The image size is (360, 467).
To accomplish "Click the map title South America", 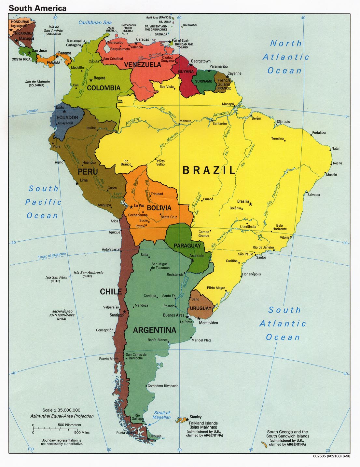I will coord(37,8).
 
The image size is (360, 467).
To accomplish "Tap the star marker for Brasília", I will coord(251,204).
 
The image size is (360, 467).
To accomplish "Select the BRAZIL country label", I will coord(209,170).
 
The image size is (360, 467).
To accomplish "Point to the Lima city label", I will coord(84,180).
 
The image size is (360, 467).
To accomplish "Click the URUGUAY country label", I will coord(201,308).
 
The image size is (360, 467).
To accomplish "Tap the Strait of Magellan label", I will coord(162,415).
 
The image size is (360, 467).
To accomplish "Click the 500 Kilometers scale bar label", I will coord(69,425).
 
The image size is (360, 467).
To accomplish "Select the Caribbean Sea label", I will coord(95,22).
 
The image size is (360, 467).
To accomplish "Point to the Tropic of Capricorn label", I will coord(52,256).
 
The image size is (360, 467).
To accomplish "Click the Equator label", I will coord(32,111).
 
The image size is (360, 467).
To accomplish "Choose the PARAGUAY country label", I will coord(187,246).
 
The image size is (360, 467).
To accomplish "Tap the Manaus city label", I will coord(185,121).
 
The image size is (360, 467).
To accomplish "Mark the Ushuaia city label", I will coord(155,436).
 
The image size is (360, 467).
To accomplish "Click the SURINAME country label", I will coord(203,81).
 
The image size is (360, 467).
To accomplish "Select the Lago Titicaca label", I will coord(117,195).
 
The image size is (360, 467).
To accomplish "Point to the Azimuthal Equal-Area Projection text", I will coord(62,416).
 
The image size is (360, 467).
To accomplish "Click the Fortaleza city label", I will coord(319,133).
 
